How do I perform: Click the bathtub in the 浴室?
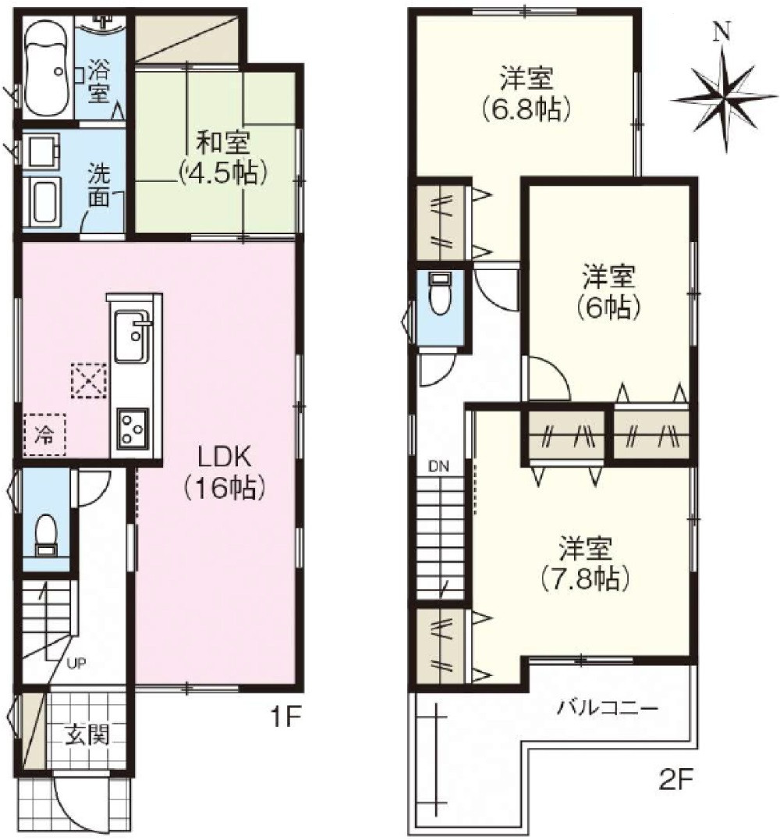(x=46, y=69)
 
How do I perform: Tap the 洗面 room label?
(x=99, y=184)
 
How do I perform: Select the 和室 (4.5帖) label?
(x=222, y=158)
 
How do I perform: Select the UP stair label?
(x=76, y=664)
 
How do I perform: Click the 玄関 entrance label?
(x=86, y=735)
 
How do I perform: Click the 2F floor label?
(x=673, y=778)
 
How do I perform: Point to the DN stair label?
(x=438, y=468)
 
